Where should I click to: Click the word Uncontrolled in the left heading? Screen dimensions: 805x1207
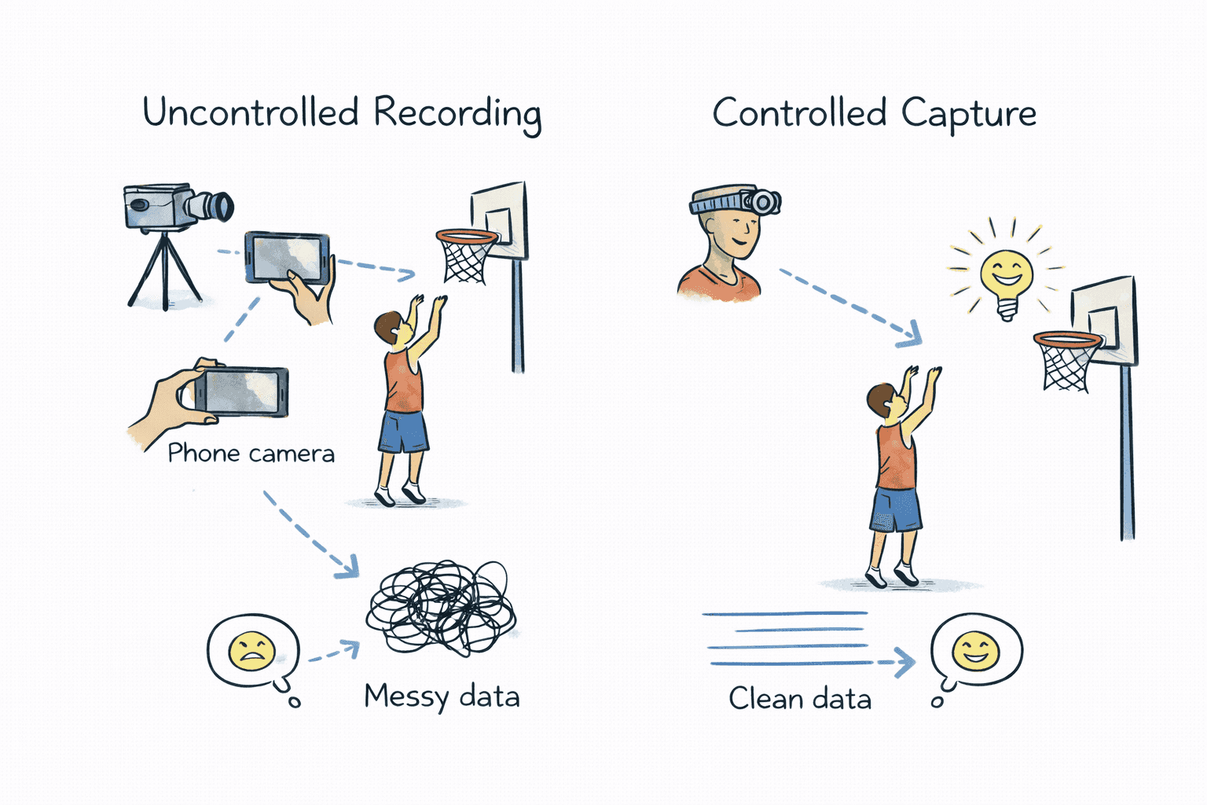(250, 112)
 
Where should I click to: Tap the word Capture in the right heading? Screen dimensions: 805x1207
(968, 115)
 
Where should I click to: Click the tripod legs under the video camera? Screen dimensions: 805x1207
(165, 271)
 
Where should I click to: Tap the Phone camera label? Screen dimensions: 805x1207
(251, 454)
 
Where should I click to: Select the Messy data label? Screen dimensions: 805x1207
(442, 697)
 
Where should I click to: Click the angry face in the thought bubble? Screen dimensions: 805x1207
(251, 652)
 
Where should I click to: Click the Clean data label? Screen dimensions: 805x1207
(800, 699)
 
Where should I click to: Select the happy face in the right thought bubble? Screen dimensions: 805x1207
(975, 651)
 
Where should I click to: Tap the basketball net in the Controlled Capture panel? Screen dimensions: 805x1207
(1066, 363)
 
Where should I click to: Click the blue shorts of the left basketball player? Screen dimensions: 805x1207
(403, 432)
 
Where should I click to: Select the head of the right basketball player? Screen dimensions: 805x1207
(882, 399)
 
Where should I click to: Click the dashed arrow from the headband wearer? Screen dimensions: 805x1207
(849, 307)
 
